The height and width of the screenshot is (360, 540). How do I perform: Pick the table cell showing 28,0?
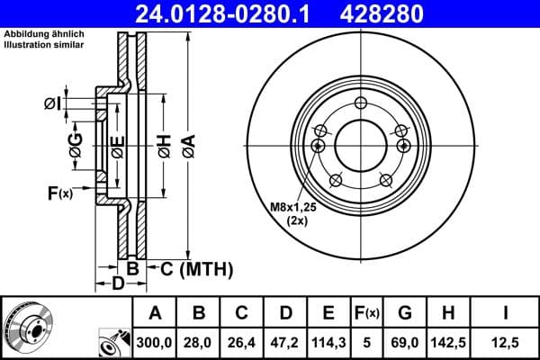(x=198, y=342)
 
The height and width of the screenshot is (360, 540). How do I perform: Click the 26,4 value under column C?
(x=241, y=342)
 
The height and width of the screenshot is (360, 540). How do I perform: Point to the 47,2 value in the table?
(x=284, y=342)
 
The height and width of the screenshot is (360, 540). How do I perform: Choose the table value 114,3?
(x=328, y=342)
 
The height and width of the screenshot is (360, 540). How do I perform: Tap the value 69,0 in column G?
(x=406, y=342)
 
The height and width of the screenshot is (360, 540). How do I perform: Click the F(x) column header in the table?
(x=367, y=313)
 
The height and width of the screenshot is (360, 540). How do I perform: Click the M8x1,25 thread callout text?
(x=294, y=208)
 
